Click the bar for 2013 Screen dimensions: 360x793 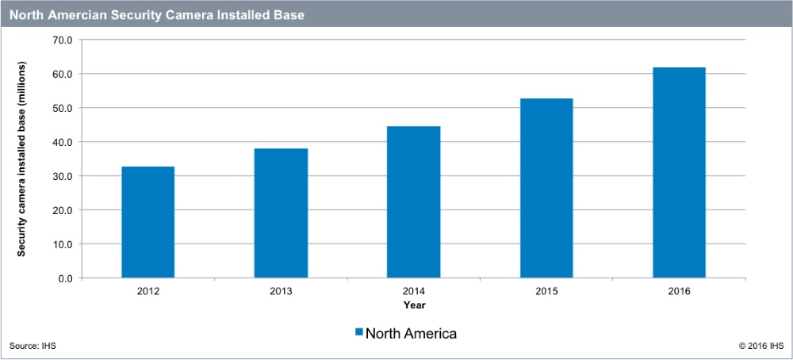(281, 213)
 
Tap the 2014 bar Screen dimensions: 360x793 (413, 202)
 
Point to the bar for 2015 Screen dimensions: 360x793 (546, 188)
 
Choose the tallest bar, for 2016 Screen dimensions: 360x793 (679, 173)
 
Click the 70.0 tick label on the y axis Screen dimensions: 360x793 (62, 40)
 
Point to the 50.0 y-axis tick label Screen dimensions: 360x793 (62, 108)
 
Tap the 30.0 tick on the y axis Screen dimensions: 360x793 (62, 176)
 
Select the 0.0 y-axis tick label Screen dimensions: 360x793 (64, 278)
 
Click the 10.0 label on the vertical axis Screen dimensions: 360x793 (62, 244)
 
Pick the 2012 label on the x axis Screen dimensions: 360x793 (147, 291)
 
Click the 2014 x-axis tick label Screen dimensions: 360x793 (413, 291)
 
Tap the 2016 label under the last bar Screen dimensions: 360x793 (679, 291)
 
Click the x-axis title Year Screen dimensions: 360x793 (413, 304)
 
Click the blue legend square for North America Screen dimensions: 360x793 (358, 333)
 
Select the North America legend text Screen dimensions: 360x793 (411, 333)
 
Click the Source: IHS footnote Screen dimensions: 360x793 (33, 347)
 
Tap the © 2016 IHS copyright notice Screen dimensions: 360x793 (760, 347)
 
